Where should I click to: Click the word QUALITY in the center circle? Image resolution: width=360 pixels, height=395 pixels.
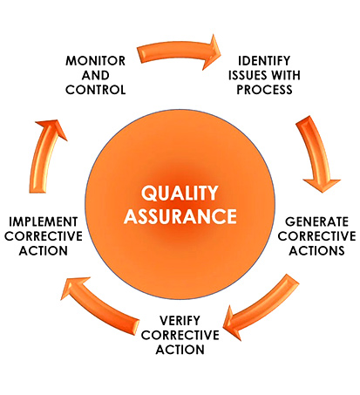point(180,194)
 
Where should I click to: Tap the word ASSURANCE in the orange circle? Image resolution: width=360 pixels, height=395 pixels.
point(180,216)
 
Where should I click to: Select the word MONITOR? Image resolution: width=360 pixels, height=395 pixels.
point(96,61)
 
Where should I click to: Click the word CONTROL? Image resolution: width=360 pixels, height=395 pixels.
point(96,90)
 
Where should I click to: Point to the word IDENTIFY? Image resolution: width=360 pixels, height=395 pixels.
point(264,61)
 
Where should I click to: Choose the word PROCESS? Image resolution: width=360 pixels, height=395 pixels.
point(264,90)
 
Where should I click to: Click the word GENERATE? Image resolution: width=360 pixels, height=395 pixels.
point(316,221)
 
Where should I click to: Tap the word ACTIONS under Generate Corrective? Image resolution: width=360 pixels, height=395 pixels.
point(316,250)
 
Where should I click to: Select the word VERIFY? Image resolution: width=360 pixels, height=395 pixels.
point(180,321)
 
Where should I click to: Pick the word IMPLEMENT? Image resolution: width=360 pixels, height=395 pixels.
point(44,221)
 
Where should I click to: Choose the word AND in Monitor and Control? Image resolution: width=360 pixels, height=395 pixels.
point(96,75)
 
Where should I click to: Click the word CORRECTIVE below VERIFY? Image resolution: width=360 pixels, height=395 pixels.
point(180,335)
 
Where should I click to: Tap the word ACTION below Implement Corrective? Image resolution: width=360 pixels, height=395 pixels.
point(44,250)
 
